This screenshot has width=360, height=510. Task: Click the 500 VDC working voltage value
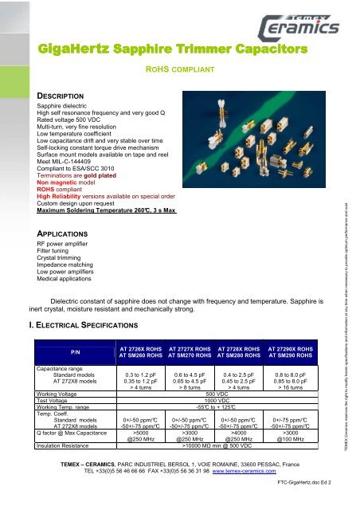(217, 394)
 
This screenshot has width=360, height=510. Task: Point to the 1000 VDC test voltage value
(217, 401)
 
